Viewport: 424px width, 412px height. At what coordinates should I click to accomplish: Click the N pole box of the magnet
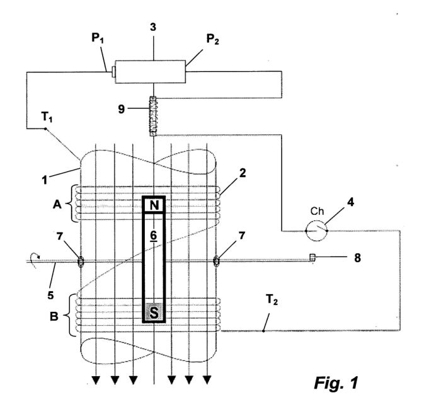(154, 205)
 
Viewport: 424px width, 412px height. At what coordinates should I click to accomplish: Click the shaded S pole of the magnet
(154, 312)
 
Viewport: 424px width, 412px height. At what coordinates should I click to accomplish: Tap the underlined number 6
(153, 236)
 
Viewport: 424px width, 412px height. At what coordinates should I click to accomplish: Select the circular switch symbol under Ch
(316, 231)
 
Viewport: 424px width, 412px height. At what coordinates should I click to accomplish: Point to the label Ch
(317, 211)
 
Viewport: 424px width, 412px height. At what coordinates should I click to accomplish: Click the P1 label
(98, 38)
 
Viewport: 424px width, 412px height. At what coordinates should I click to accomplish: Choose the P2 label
(212, 40)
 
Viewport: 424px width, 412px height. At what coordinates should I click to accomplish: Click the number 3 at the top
(153, 27)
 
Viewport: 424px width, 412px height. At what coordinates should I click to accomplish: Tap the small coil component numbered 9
(153, 116)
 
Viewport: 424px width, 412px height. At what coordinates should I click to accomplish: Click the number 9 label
(122, 109)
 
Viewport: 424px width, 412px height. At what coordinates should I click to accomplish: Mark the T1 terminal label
(47, 117)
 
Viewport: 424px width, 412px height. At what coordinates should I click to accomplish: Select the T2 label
(272, 299)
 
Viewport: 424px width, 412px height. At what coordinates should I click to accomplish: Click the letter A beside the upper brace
(57, 204)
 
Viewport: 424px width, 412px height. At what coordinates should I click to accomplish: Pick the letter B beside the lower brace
(54, 316)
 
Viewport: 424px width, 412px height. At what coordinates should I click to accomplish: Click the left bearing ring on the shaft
(81, 261)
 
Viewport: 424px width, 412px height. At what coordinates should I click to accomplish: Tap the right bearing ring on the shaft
(216, 261)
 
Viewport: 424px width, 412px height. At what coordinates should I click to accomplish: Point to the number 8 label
(357, 258)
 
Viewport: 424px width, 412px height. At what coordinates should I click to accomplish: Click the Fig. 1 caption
(336, 383)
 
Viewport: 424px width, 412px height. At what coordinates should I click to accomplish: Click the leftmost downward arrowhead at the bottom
(96, 380)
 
